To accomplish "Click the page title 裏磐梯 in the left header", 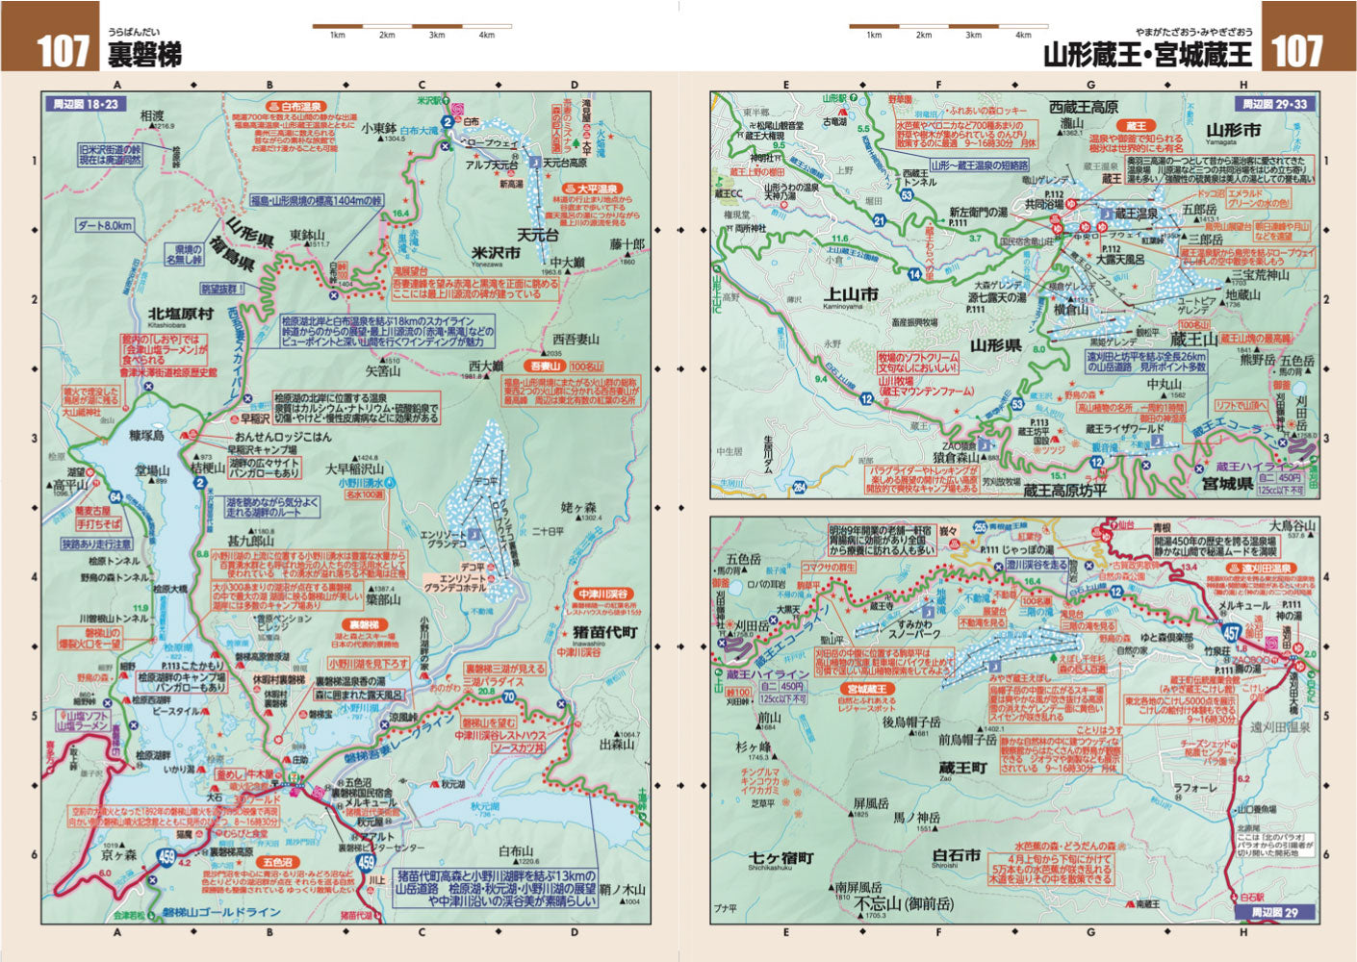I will pyautogui.click(x=144, y=54).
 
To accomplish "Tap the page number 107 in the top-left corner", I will pyautogui.click(x=63, y=50).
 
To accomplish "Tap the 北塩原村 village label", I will pyautogui.click(x=180, y=314).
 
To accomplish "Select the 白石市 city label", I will pyautogui.click(x=957, y=854).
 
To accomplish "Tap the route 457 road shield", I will pyautogui.click(x=1231, y=631).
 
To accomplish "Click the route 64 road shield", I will pyautogui.click(x=115, y=496).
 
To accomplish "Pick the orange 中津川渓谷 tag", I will pyautogui.click(x=603, y=594).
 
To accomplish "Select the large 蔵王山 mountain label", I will pyautogui.click(x=1194, y=340).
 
